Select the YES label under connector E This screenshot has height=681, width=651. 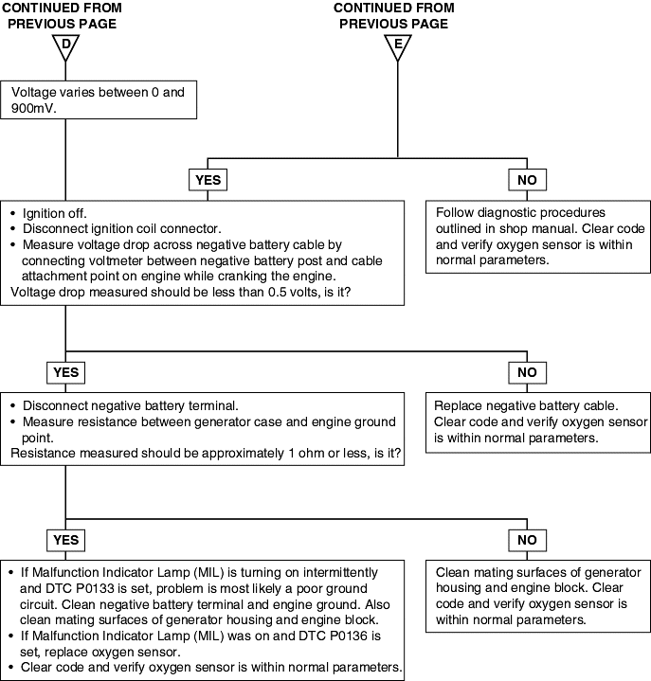208,180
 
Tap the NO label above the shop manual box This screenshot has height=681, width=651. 527,180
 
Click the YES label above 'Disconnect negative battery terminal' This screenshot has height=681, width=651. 65,372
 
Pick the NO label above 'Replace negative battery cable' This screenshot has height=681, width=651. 527,372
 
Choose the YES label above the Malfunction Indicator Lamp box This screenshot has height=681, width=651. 65,540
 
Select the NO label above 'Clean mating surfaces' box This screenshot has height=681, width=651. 527,540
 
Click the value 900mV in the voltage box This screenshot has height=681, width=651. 33,108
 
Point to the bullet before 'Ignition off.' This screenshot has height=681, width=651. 13,213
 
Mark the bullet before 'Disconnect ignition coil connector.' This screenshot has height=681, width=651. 13,229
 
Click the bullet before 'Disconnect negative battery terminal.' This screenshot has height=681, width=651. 13,405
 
